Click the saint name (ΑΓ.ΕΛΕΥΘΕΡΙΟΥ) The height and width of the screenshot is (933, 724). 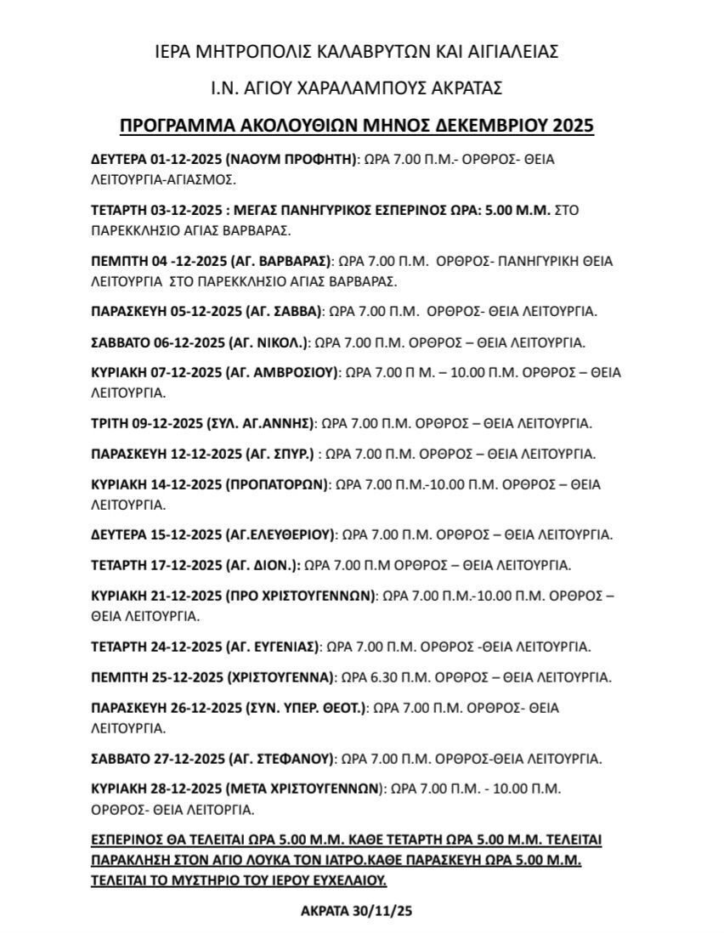[280, 534]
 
